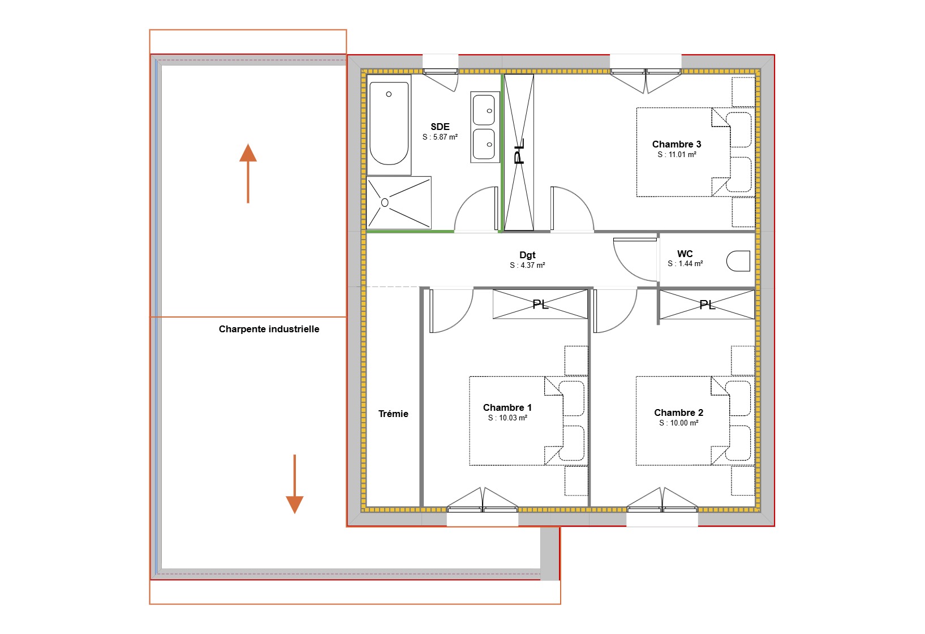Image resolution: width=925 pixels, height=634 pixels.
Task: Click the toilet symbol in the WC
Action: point(739,261)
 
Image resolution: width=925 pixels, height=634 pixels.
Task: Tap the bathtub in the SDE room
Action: point(389,124)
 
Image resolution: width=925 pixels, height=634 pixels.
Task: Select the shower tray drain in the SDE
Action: point(385,202)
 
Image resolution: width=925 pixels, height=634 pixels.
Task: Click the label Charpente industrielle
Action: point(269,329)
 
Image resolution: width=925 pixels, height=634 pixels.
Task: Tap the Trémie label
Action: point(393,414)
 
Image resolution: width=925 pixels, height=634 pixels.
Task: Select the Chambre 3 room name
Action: point(677,144)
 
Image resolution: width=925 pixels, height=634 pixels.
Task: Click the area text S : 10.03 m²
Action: point(507,418)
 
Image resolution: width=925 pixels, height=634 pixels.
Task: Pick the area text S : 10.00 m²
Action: point(678,423)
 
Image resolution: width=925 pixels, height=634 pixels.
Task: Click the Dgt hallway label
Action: point(527,255)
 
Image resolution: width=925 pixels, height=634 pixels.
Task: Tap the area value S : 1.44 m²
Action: point(685,264)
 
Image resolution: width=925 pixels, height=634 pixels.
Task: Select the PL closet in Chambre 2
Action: point(707,305)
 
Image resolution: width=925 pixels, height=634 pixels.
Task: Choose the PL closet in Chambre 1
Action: point(540,305)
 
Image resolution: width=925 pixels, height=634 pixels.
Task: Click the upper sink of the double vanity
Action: point(484,110)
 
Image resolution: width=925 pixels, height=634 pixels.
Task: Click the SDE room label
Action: point(440,127)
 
